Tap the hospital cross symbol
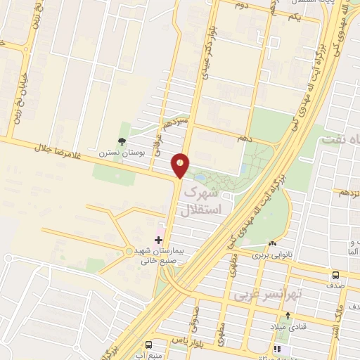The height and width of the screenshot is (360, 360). pos(158,240)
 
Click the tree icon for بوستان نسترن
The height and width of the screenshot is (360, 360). pos(122,142)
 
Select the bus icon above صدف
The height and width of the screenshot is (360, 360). pos(335,275)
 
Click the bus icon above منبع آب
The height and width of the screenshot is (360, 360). pos(148,345)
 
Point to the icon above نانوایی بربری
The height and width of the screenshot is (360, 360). pos(272,243)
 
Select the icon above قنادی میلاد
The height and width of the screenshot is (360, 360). pos(287,316)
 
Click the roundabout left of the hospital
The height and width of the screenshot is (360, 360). pos(128,250)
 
